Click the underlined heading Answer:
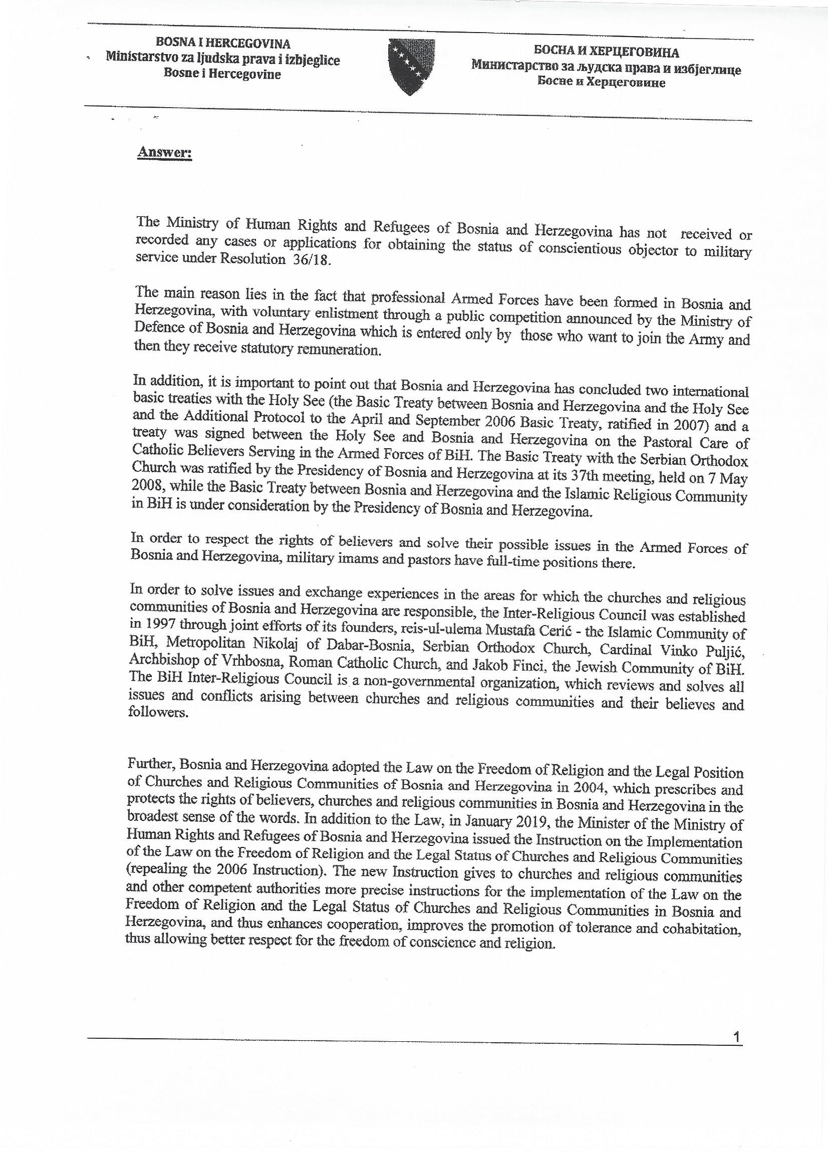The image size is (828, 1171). point(164,154)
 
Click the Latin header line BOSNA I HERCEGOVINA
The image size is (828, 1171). point(223,44)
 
